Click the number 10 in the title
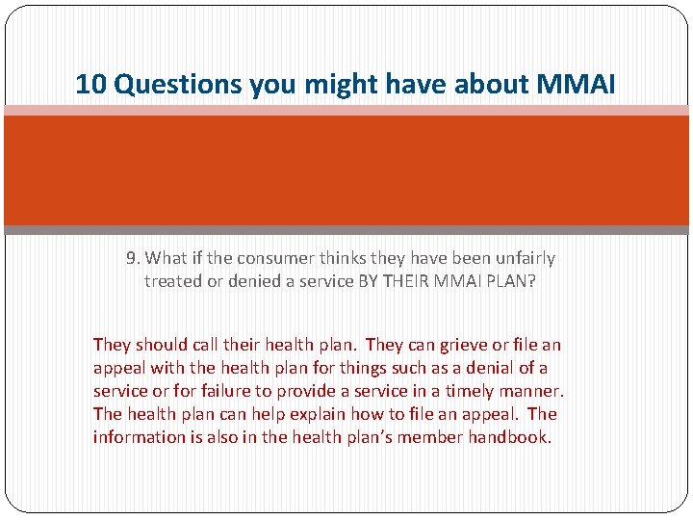tap(90, 86)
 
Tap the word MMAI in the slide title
tap(573, 86)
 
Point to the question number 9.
tap(133, 258)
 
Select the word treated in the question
tap(173, 281)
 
